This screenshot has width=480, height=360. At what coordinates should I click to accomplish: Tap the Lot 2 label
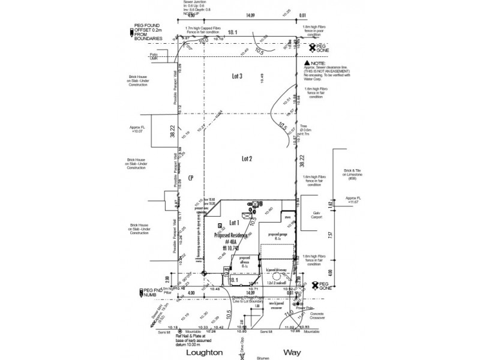tap(246, 158)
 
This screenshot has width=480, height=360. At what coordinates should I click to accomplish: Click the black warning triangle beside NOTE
tap(307, 64)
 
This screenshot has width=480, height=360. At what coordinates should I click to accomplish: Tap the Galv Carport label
tap(317, 216)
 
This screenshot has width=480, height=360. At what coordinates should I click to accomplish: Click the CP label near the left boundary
tap(190, 178)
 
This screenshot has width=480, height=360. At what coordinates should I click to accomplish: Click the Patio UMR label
tap(154, 56)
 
